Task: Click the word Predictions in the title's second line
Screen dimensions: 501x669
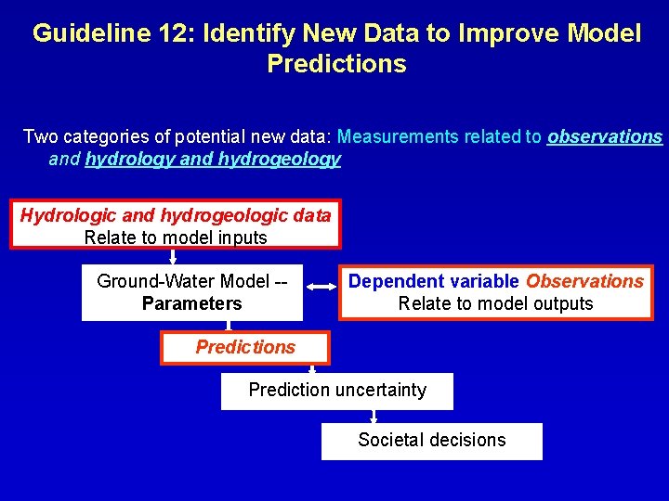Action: (x=336, y=64)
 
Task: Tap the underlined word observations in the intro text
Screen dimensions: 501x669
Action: (x=605, y=137)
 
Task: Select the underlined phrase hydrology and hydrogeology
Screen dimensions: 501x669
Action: (x=213, y=160)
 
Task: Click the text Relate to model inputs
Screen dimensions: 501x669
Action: (x=176, y=238)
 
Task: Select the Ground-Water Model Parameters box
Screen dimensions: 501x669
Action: (x=192, y=292)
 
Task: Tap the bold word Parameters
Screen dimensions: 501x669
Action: (x=192, y=304)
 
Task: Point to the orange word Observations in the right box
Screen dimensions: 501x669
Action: (x=584, y=281)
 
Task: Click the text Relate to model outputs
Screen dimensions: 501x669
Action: (x=495, y=303)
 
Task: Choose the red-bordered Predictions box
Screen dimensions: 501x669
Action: (x=244, y=348)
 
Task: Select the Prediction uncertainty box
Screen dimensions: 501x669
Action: (x=337, y=391)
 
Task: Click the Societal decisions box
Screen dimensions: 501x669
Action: (x=432, y=441)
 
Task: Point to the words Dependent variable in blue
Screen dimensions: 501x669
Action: (x=434, y=281)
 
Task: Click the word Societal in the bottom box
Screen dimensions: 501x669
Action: (x=389, y=440)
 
